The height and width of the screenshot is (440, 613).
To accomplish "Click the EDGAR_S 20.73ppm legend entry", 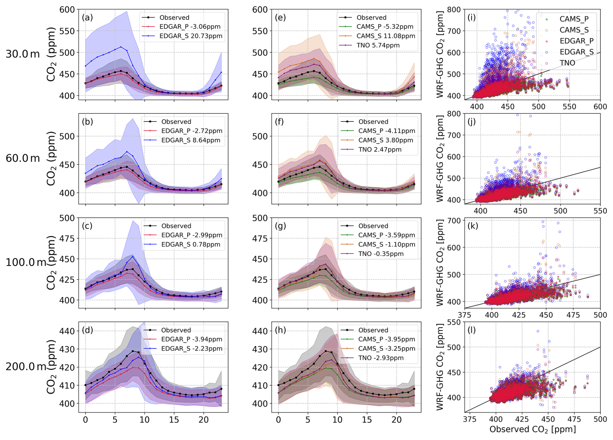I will pos(191,36).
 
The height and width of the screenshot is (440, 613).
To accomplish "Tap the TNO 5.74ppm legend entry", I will pos(378,45).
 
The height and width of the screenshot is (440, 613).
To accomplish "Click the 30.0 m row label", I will pos(23,54).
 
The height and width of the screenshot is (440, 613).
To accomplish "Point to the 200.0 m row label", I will pos(25,366).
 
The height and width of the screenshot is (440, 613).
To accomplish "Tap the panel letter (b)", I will pos(87,122).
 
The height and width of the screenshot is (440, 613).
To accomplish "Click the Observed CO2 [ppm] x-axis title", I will pos(532,429).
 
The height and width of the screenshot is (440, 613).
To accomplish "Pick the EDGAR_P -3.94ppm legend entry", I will pos(191,339).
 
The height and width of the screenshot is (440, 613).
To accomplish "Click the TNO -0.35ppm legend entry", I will pos(381,254).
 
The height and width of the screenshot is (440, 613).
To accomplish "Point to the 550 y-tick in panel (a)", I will pos(67,31).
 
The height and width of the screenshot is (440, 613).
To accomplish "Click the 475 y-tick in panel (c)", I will pos(67,238).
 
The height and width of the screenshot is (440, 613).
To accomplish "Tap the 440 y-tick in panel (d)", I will pos(67,331).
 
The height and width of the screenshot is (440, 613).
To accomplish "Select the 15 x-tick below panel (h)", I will pos(367,420).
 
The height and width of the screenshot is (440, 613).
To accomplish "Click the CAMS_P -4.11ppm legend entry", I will pos(387,131).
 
